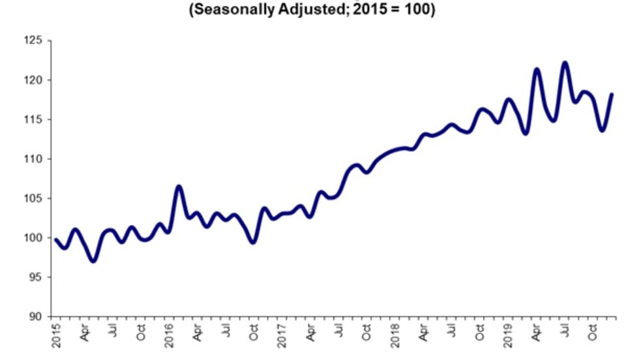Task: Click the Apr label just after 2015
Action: tap(85, 333)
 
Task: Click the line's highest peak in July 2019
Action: tap(565, 63)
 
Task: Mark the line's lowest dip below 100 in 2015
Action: tap(94, 261)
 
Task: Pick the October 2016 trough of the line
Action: tap(254, 242)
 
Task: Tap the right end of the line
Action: tap(612, 94)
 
